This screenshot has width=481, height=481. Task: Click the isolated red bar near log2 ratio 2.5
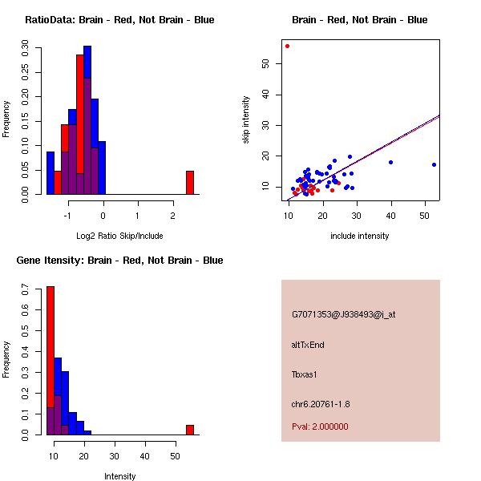[190, 183]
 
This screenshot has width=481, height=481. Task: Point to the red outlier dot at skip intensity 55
[287, 46]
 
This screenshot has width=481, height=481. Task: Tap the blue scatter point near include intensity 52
[434, 164]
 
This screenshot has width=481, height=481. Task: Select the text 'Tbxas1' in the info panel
[305, 374]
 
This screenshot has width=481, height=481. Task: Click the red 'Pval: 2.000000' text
[320, 426]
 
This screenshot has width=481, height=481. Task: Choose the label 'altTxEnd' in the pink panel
[308, 345]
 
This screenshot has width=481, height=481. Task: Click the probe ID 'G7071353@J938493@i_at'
[343, 314]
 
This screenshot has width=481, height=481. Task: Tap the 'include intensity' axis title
[360, 235]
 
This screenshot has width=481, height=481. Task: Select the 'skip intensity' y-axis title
[246, 120]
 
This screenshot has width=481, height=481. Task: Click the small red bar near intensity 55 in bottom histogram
[190, 430]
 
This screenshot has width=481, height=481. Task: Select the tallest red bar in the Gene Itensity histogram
[51, 361]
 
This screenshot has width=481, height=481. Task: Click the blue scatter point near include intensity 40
[390, 162]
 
